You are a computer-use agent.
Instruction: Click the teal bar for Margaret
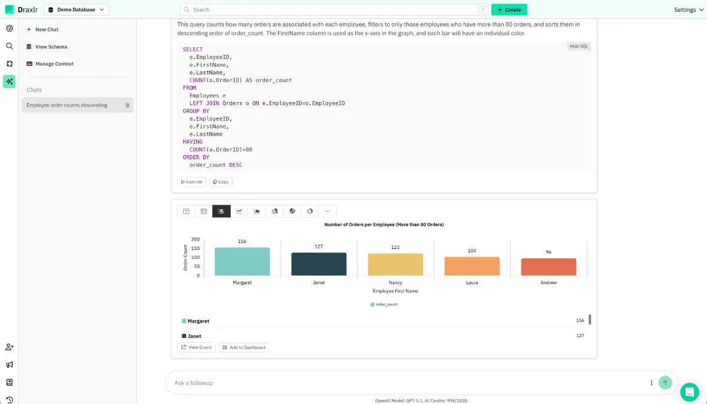pyautogui.click(x=242, y=261)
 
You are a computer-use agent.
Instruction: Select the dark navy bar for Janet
pyautogui.click(x=319, y=264)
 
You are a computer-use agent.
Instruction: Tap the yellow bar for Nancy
pyautogui.click(x=395, y=264)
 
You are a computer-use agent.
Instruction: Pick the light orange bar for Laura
pyautogui.click(x=472, y=266)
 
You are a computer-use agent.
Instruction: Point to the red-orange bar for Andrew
pyautogui.click(x=549, y=267)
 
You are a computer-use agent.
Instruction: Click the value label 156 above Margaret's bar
pyautogui.click(x=242, y=241)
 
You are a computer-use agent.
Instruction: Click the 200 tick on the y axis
pyautogui.click(x=196, y=239)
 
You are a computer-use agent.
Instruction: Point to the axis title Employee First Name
pyautogui.click(x=395, y=291)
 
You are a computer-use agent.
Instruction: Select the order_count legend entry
pyautogui.click(x=384, y=304)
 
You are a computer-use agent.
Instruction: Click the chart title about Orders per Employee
pyautogui.click(x=384, y=225)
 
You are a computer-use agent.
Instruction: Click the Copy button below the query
pyautogui.click(x=221, y=182)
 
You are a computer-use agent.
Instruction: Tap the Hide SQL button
pyautogui.click(x=579, y=46)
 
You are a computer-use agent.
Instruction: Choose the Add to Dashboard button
pyautogui.click(x=244, y=347)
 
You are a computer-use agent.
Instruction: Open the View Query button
pyautogui.click(x=196, y=347)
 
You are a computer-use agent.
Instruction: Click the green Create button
pyautogui.click(x=509, y=9)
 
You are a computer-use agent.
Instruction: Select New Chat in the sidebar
pyautogui.click(x=47, y=29)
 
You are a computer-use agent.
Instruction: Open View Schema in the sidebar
pyautogui.click(x=51, y=47)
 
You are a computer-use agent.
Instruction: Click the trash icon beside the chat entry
pyautogui.click(x=127, y=105)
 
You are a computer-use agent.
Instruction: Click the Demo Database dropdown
pyautogui.click(x=77, y=9)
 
